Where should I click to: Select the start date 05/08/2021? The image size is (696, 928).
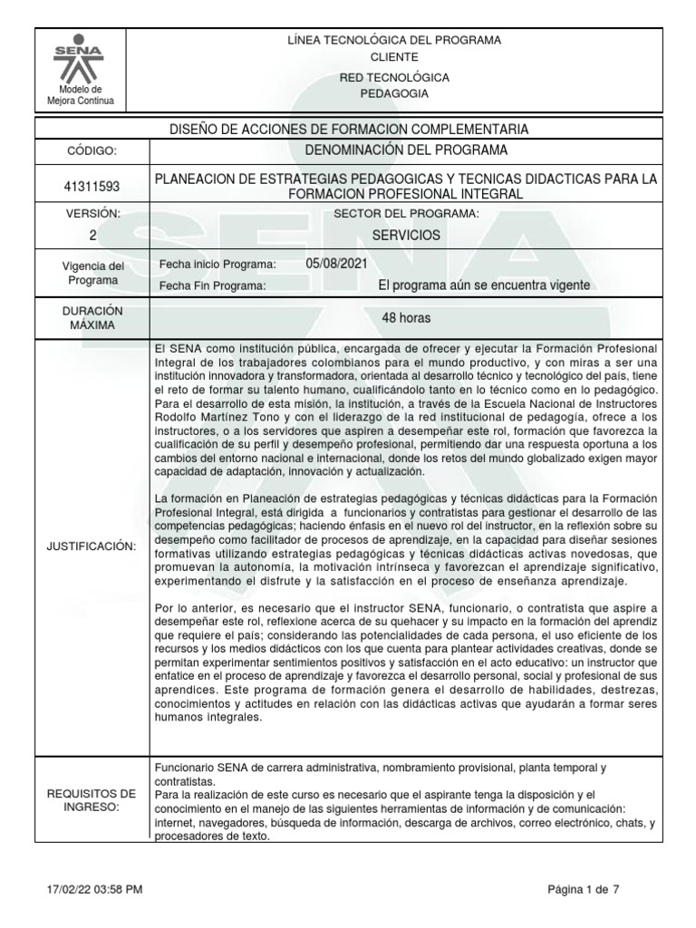[x=337, y=264]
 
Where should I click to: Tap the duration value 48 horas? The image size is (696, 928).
[x=406, y=318]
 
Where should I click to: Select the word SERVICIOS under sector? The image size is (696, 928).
[x=406, y=235]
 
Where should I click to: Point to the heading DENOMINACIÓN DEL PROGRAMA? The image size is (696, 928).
[x=406, y=150]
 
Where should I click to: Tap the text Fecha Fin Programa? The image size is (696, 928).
[x=212, y=286]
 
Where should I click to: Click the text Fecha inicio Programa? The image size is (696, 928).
[x=217, y=264]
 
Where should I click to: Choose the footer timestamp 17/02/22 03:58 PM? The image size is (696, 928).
[x=92, y=890]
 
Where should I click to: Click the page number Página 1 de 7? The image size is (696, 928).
[x=584, y=890]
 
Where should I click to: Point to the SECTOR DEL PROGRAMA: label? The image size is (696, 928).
[x=406, y=213]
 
